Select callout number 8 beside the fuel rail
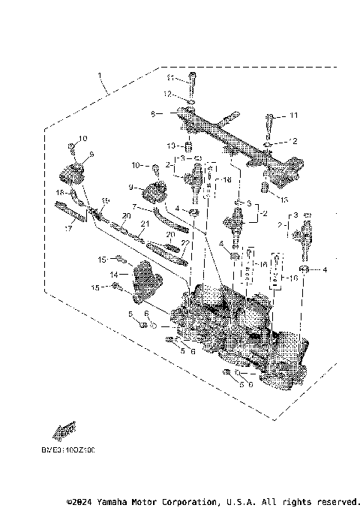tap(152, 114)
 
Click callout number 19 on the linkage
tap(105, 200)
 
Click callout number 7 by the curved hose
tap(134, 206)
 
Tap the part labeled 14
tap(145, 281)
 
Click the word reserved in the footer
tap(337, 500)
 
